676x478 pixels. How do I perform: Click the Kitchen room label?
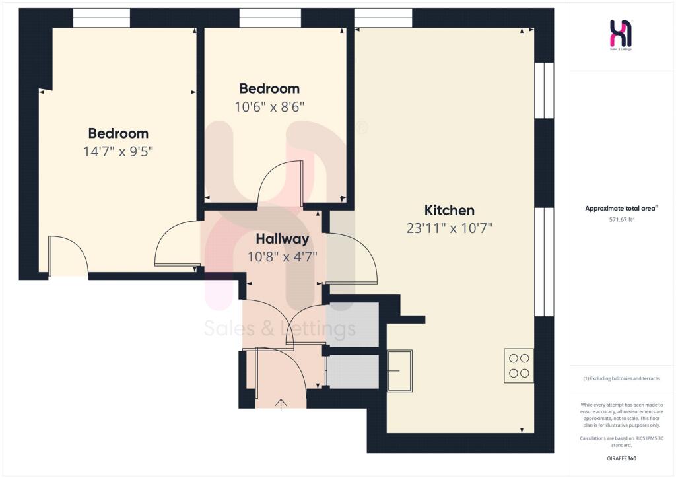point(449,210)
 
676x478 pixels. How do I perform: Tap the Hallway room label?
point(283,239)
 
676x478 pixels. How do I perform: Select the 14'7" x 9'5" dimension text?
point(119,151)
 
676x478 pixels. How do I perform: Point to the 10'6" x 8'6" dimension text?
point(269,106)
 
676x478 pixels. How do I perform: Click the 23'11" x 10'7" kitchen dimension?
point(449,228)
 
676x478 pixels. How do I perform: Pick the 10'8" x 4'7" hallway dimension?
point(283,257)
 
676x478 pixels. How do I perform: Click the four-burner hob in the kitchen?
point(519,366)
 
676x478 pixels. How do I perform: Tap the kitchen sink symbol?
point(399,370)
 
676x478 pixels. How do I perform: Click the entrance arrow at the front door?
point(281,405)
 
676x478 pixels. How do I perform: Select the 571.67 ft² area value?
point(621,219)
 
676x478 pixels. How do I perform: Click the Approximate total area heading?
point(621,208)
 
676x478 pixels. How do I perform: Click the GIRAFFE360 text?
point(621,458)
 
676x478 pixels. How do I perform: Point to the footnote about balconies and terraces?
point(621,378)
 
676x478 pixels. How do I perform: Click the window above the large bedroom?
point(101,18)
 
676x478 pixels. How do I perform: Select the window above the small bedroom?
point(270,18)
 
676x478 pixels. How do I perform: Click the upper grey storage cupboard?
point(353,324)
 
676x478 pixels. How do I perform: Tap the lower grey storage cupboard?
point(353,372)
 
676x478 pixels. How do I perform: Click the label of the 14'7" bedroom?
point(119,133)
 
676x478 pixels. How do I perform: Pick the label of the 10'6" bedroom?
point(269,88)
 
